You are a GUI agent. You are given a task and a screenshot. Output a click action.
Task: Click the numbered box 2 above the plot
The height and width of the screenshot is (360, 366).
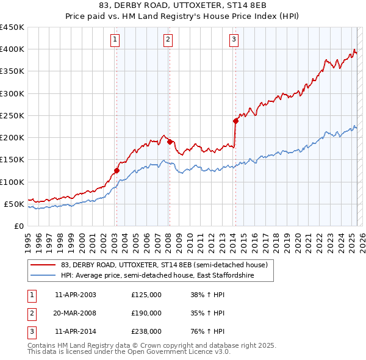[168, 40]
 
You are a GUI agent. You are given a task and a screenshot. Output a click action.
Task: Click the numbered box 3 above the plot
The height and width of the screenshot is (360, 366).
[234, 40]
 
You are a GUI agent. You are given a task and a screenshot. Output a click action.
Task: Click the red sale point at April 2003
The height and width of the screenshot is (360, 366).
[117, 171]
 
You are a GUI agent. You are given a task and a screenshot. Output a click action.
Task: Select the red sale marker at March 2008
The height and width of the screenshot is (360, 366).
[170, 142]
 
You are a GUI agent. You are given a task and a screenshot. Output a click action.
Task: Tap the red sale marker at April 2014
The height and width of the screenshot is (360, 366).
[235, 121]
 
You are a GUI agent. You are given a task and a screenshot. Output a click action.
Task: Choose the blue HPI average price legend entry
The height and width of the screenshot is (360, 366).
[157, 276]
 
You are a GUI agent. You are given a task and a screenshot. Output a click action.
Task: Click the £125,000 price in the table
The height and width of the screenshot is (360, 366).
[146, 295]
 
